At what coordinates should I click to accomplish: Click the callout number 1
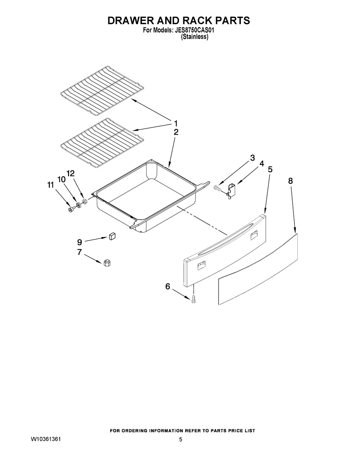coord(176,124)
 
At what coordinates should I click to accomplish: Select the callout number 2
coord(176,132)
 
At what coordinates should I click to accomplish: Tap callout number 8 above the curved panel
coord(291,181)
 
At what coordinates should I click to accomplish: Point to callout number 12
coord(71,173)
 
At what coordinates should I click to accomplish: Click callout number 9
coord(80,242)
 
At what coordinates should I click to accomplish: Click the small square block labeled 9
coord(112,237)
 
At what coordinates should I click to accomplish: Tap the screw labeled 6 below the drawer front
coord(194,299)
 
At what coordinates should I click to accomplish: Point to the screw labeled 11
coord(71,210)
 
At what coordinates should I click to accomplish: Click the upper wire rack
coord(102,91)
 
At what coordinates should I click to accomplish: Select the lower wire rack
coord(102,143)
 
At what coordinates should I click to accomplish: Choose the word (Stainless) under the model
coord(194,37)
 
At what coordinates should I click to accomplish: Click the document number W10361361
coord(46,439)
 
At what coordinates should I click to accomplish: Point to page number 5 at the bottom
coord(181,440)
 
